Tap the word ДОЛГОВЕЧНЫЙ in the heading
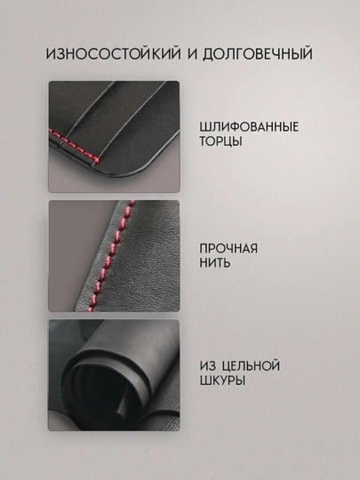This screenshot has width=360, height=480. [x=258, y=53]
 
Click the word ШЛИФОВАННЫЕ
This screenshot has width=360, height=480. [x=249, y=127]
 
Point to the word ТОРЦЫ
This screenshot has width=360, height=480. [x=220, y=141]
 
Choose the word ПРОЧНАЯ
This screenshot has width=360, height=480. [x=228, y=248]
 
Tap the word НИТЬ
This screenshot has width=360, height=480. [x=215, y=262]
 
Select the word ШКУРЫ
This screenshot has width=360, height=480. [x=222, y=380]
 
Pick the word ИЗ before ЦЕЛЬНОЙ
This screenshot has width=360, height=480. [x=208, y=365]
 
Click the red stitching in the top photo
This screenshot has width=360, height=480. [x=75, y=145]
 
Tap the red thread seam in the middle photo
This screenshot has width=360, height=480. [x=111, y=256]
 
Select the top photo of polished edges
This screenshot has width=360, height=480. [x=114, y=137]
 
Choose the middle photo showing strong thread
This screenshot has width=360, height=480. [x=114, y=256]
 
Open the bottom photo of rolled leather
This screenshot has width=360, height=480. [x=114, y=375]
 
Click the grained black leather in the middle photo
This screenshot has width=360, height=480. [x=147, y=260]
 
